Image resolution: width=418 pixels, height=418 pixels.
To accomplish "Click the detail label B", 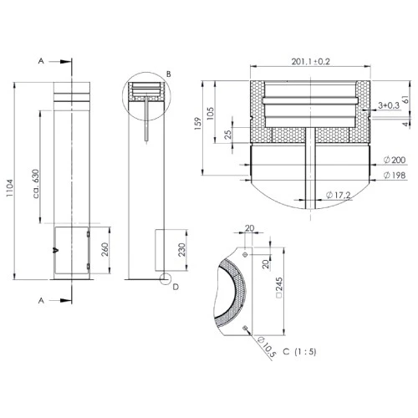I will point(168,74).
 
